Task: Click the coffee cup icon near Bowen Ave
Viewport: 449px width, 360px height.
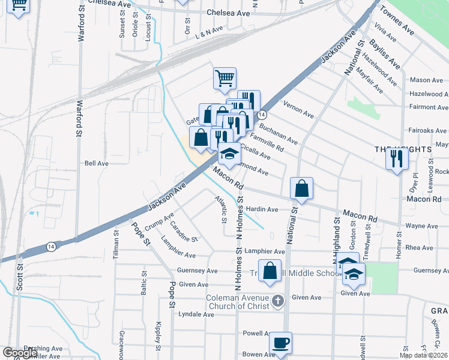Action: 280,343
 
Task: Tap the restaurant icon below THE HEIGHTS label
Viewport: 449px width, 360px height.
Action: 397,158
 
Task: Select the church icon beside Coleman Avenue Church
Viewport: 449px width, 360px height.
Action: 277,300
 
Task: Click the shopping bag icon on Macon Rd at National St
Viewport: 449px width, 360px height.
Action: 301,188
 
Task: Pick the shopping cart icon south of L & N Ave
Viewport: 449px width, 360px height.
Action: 224,78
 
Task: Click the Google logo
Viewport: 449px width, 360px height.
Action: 20,353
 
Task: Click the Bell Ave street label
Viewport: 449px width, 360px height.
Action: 96,163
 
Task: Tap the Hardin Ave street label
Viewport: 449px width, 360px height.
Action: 262,209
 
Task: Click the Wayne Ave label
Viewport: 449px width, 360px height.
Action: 421,226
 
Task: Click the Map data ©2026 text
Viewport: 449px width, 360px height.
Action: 423,355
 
